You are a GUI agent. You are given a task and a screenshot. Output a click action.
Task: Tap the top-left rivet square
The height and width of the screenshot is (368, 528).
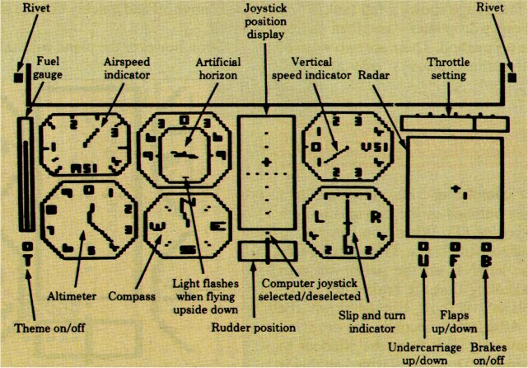point(19,79)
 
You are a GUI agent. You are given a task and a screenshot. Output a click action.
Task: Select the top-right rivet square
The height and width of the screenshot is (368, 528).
point(512,79)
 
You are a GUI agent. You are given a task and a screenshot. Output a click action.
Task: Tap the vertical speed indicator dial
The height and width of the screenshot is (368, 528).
point(346,146)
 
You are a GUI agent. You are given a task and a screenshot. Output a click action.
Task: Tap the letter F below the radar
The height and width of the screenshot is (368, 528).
point(454,261)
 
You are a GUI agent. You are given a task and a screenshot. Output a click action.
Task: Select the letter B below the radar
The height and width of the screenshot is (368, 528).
point(484,261)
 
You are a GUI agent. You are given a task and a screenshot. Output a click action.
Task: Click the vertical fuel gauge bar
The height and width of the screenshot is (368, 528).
point(27,175)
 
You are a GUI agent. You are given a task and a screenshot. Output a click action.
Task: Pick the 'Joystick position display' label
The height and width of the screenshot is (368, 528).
point(264,22)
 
